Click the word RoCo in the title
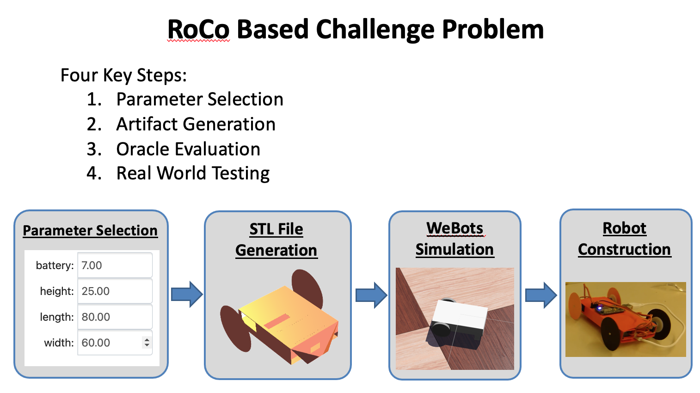pos(198,30)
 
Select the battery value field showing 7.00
pos(115,265)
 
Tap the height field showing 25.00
pos(115,291)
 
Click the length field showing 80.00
pos(115,317)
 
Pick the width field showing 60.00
pos(115,343)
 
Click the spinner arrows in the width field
pos(147,343)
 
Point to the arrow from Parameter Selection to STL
pos(187,294)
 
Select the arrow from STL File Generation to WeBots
pos(372,295)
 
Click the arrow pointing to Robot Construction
pos(541,295)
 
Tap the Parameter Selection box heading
pos(90,231)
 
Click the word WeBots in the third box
pos(454,228)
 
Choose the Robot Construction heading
pos(624,239)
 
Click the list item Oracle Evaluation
pos(188,149)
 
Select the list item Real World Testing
pos(193,173)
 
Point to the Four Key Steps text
pos(124,75)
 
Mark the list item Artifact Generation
pos(196,124)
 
